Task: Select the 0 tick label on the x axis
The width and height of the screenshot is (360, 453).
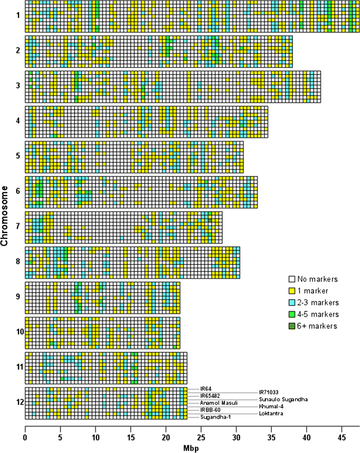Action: pos(26,437)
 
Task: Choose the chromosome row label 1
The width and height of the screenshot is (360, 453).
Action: pos(18,15)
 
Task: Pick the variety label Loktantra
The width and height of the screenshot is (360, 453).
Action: pos(270,414)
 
